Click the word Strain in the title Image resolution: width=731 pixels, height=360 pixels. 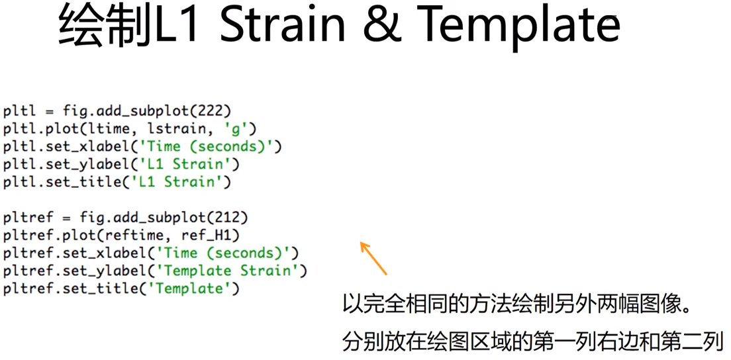click(283, 26)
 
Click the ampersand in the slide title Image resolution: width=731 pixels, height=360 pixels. click(386, 26)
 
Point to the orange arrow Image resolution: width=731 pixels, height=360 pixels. click(373, 258)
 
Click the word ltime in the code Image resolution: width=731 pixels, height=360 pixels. click(124, 128)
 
